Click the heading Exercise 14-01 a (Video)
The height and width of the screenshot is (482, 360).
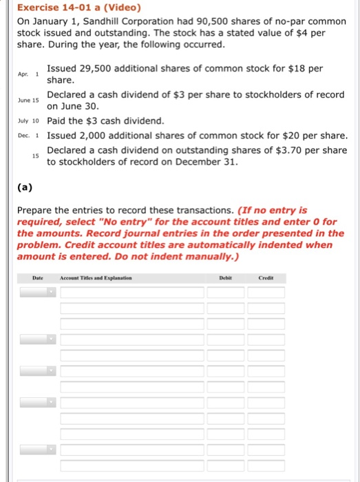point(76,9)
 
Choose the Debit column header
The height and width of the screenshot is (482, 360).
point(224,278)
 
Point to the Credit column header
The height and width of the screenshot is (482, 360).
point(265,278)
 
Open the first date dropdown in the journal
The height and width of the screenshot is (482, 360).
point(37,293)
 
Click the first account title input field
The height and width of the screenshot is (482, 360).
point(132,293)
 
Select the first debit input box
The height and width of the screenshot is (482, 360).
point(224,293)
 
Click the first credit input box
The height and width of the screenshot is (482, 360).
point(266,293)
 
